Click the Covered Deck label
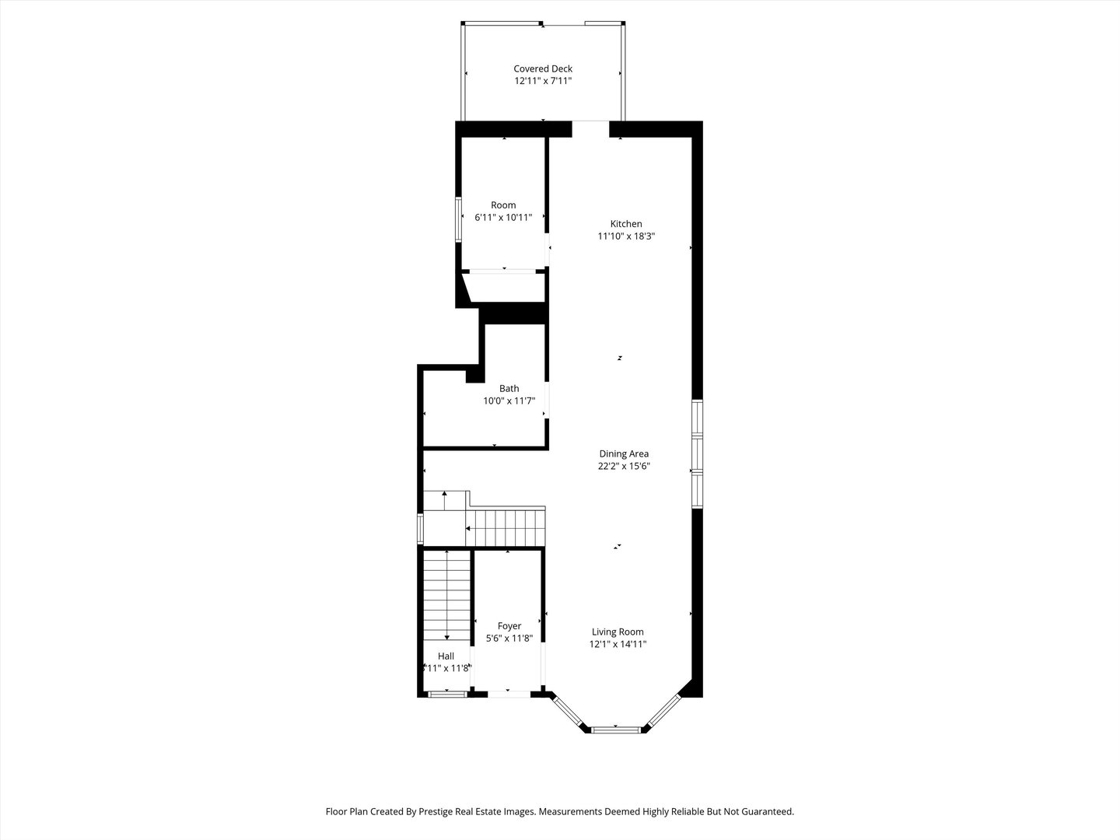(x=542, y=68)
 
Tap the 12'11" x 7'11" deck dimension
(x=542, y=81)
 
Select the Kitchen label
(x=625, y=224)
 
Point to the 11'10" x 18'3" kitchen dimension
(x=625, y=236)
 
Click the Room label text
(x=502, y=205)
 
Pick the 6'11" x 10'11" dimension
(x=502, y=218)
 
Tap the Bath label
(x=509, y=389)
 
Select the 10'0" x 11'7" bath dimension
(x=509, y=401)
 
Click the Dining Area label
(x=623, y=454)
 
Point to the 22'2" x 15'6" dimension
(x=623, y=467)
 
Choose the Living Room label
(x=618, y=632)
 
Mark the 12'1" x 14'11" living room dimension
(x=618, y=644)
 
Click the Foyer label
(x=509, y=626)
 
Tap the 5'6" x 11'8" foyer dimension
(x=509, y=639)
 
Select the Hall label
(x=446, y=656)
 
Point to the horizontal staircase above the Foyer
(x=506, y=527)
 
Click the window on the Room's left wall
(x=458, y=221)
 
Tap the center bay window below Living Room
(x=615, y=730)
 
